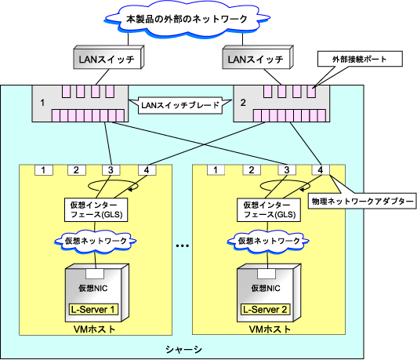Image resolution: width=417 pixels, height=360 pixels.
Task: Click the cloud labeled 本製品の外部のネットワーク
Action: (187, 19)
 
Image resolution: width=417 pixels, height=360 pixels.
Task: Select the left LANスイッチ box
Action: (108, 57)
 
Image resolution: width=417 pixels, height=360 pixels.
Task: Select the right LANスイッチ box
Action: (258, 57)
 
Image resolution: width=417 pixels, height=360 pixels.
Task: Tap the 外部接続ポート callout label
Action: (360, 59)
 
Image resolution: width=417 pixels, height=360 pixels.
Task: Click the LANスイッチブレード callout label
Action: (180, 105)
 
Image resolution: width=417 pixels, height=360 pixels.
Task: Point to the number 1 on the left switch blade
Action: (42, 103)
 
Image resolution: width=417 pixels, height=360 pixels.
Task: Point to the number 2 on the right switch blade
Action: (243, 103)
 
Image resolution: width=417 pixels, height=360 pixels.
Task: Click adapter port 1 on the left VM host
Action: (44, 170)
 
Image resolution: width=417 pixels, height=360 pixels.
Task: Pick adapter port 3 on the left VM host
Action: (111, 170)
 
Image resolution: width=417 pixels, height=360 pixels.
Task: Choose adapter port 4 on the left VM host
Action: (147, 170)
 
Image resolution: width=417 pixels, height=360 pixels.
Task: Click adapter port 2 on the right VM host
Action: (252, 170)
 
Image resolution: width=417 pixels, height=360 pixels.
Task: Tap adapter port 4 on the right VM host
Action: (321, 170)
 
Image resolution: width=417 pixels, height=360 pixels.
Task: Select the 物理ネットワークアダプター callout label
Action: (362, 201)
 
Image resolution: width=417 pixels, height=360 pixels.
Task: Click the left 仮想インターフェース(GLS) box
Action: (96, 209)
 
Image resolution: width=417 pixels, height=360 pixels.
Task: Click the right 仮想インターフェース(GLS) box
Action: (269, 209)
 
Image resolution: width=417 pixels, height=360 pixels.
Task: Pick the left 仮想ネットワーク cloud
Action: (96, 241)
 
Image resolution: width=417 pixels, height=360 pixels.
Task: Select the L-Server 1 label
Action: (93, 310)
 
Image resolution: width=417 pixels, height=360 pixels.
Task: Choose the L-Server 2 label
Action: (266, 310)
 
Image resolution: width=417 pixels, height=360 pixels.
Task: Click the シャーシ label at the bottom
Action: (183, 349)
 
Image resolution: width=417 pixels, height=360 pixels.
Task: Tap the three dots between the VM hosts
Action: (183, 245)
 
